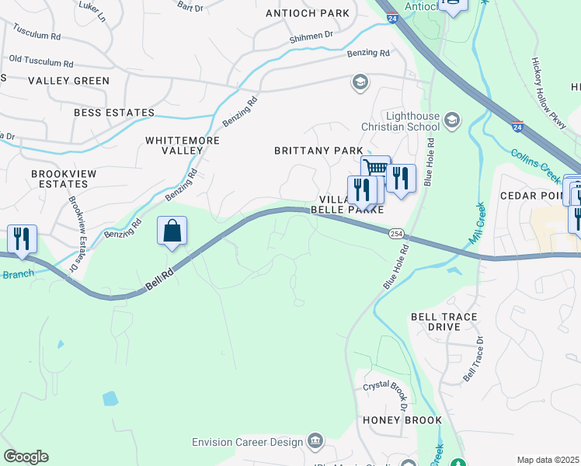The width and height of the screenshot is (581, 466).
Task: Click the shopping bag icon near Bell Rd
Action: pos(172,231)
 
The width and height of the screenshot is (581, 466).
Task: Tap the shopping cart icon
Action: pos(376,169)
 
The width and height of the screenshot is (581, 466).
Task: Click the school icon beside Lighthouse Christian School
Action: pos(452,120)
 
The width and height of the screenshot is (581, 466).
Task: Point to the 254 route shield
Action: pos(396,233)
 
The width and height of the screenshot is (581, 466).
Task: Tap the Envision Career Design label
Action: pos(248,442)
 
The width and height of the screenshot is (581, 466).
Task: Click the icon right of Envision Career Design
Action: pos(315,441)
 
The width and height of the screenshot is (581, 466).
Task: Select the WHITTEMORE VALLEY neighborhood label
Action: pos(183,145)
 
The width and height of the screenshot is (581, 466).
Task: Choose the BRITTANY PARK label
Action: pos(318,150)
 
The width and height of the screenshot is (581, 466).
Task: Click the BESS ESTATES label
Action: pos(114,113)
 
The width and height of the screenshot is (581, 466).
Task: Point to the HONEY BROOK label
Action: pos(402,420)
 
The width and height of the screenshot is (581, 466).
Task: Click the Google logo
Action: pos(25,457)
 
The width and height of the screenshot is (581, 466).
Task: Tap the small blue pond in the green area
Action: pos(110,398)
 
